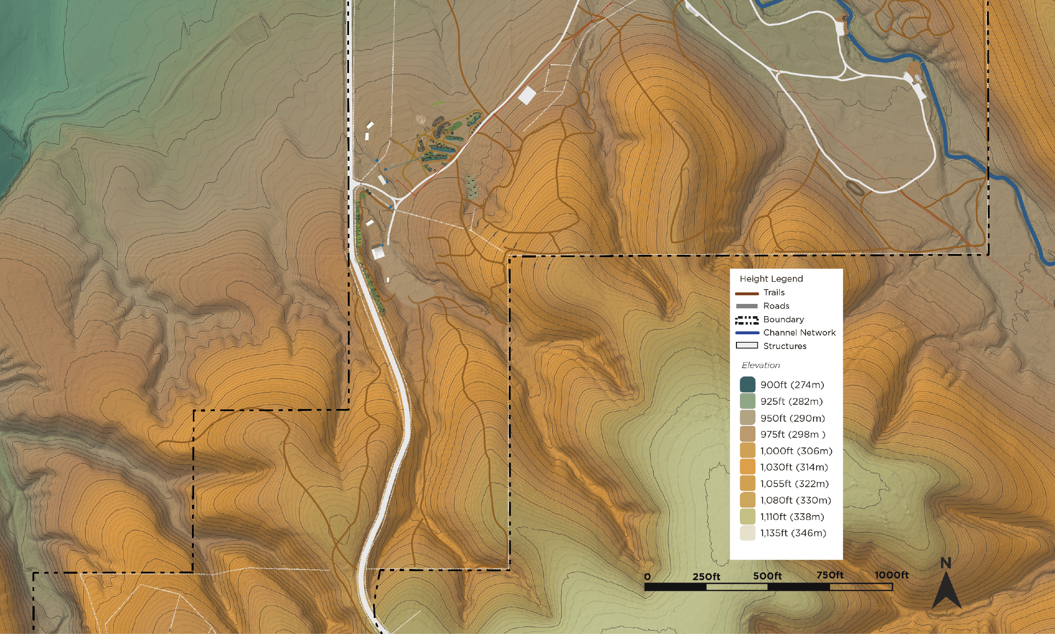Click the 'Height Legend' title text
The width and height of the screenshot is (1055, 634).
tap(771, 279)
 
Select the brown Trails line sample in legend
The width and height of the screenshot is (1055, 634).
tap(747, 293)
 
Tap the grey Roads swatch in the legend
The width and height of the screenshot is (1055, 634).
tap(747, 306)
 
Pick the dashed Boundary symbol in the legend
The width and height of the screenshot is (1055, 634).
tap(747, 320)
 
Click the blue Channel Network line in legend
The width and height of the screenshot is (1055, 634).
tap(747, 332)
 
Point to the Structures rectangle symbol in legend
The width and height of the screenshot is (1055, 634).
tap(747, 345)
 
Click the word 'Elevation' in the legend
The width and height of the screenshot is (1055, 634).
tap(760, 365)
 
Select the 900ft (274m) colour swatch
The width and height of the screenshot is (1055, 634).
tap(747, 385)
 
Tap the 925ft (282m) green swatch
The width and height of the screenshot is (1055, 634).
tap(747, 401)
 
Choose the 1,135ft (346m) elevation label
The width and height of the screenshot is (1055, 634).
tap(793, 533)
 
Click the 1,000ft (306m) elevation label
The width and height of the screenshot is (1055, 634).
tap(796, 451)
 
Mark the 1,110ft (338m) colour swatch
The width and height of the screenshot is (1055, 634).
tap(747, 517)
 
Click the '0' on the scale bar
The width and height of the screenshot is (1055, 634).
tap(647, 577)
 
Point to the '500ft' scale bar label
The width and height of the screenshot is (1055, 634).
tap(767, 576)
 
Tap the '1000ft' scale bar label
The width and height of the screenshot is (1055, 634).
tap(891, 575)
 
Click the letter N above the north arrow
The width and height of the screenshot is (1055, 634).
tap(946, 564)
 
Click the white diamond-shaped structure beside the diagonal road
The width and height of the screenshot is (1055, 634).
tap(527, 95)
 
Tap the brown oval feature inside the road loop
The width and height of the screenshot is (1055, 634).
tap(855, 187)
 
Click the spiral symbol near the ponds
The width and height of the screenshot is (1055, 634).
tap(421, 119)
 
